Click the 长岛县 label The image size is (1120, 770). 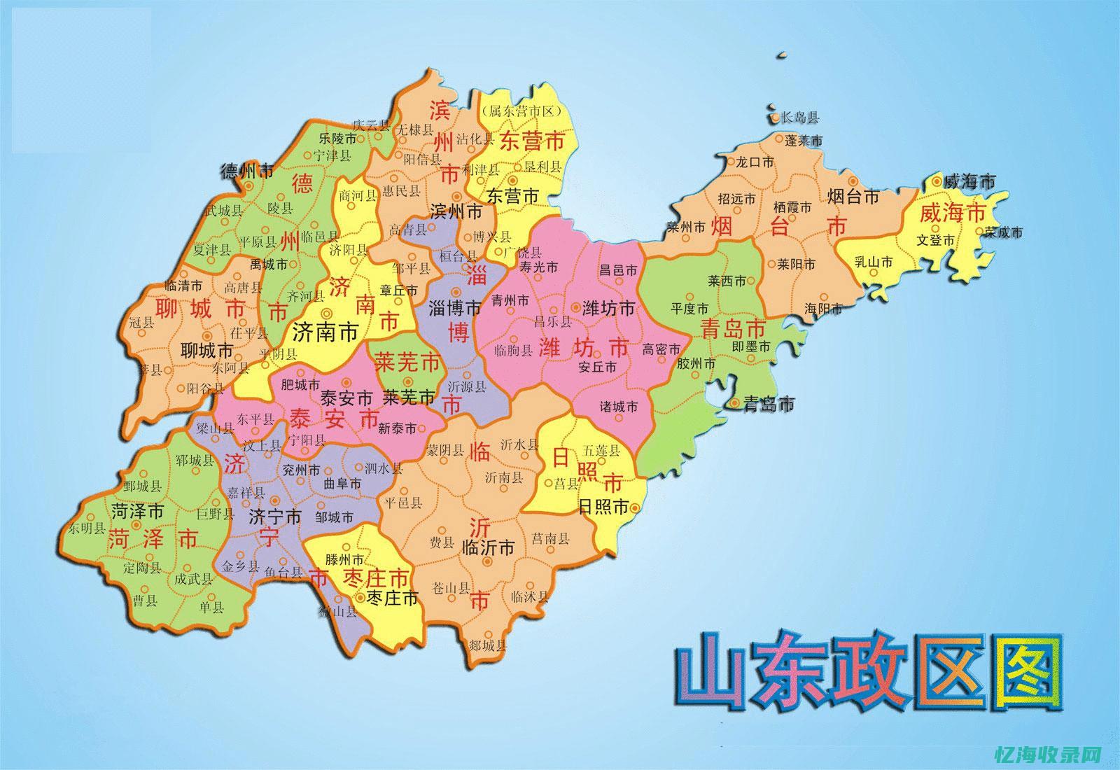click(x=799, y=117)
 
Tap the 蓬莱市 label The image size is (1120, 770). click(x=803, y=140)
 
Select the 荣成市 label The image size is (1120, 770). click(x=1003, y=232)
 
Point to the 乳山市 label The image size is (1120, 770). click(x=874, y=262)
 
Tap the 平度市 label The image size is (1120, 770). click(x=689, y=308)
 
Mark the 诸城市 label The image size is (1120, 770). click(x=619, y=406)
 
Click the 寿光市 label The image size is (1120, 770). click(x=539, y=267)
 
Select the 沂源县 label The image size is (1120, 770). click(x=467, y=386)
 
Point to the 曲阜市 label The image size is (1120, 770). click(x=342, y=484)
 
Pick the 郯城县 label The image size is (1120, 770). click(x=487, y=645)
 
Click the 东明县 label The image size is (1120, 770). click(x=87, y=528)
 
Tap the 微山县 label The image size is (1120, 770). click(x=338, y=612)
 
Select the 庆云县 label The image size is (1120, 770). click(x=370, y=125)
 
